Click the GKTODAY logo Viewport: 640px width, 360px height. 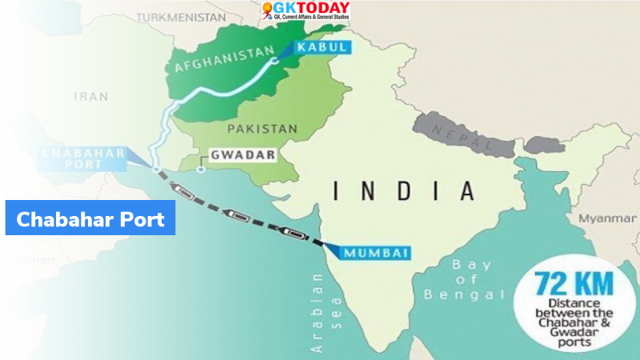[305, 11]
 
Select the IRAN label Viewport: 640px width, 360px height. [90, 96]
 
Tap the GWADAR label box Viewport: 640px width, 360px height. [237, 154]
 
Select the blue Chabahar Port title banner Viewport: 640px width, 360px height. [90, 218]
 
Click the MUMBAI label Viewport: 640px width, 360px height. [377, 253]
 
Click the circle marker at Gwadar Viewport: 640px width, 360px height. [201, 169]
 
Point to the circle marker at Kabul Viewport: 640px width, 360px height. [274, 59]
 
